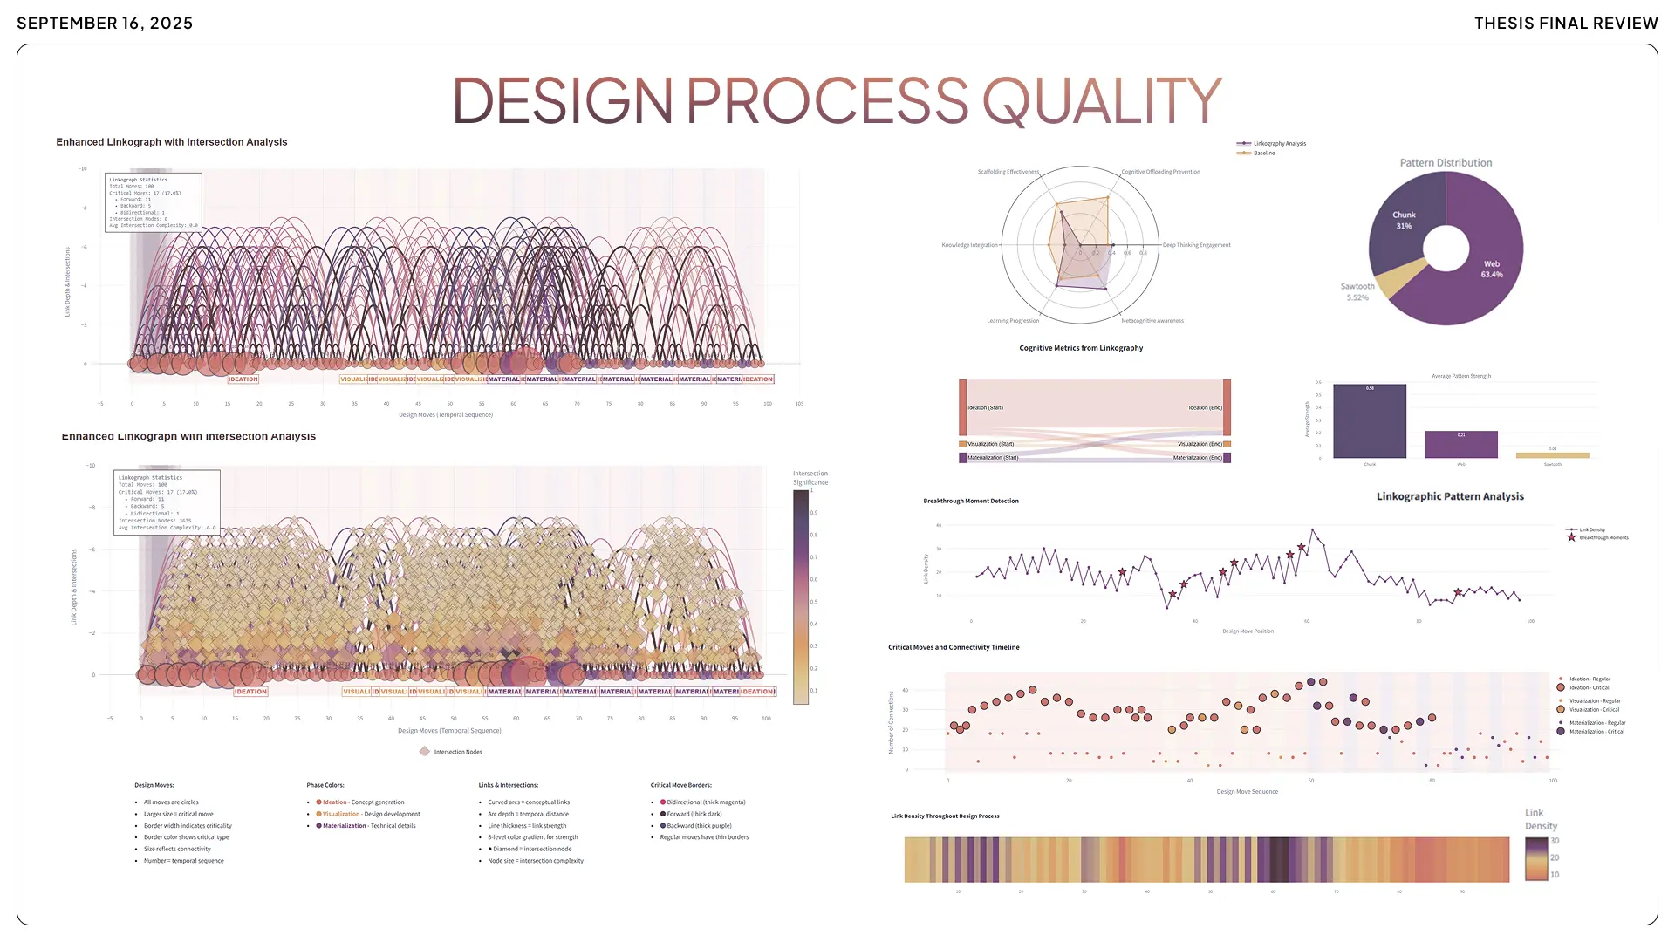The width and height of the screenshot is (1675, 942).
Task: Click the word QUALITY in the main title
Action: point(1102,101)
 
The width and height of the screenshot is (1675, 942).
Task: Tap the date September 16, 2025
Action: point(105,24)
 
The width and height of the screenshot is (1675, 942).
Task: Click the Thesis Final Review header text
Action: point(1566,24)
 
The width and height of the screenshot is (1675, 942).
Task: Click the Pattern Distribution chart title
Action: point(1446,163)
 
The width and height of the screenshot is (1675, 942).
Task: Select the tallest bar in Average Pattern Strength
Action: point(1370,421)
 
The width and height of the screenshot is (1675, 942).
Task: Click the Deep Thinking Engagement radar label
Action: point(1196,245)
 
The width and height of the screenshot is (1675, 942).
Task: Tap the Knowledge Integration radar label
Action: point(969,245)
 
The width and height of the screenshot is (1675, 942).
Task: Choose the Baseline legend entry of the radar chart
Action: point(1263,154)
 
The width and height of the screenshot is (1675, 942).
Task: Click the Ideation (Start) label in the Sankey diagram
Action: point(985,407)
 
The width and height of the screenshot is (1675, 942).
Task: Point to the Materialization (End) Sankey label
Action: point(1198,458)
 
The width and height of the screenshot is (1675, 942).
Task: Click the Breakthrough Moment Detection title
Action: point(971,502)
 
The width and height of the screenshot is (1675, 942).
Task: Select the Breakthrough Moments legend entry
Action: point(1603,538)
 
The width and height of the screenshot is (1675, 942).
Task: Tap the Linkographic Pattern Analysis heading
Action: point(1450,496)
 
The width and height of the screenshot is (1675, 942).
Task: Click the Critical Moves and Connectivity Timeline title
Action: point(954,647)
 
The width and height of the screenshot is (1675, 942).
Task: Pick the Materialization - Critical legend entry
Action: point(1596,732)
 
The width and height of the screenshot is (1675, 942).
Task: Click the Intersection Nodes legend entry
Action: point(457,752)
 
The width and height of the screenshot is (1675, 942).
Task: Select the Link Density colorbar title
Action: point(1540,819)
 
